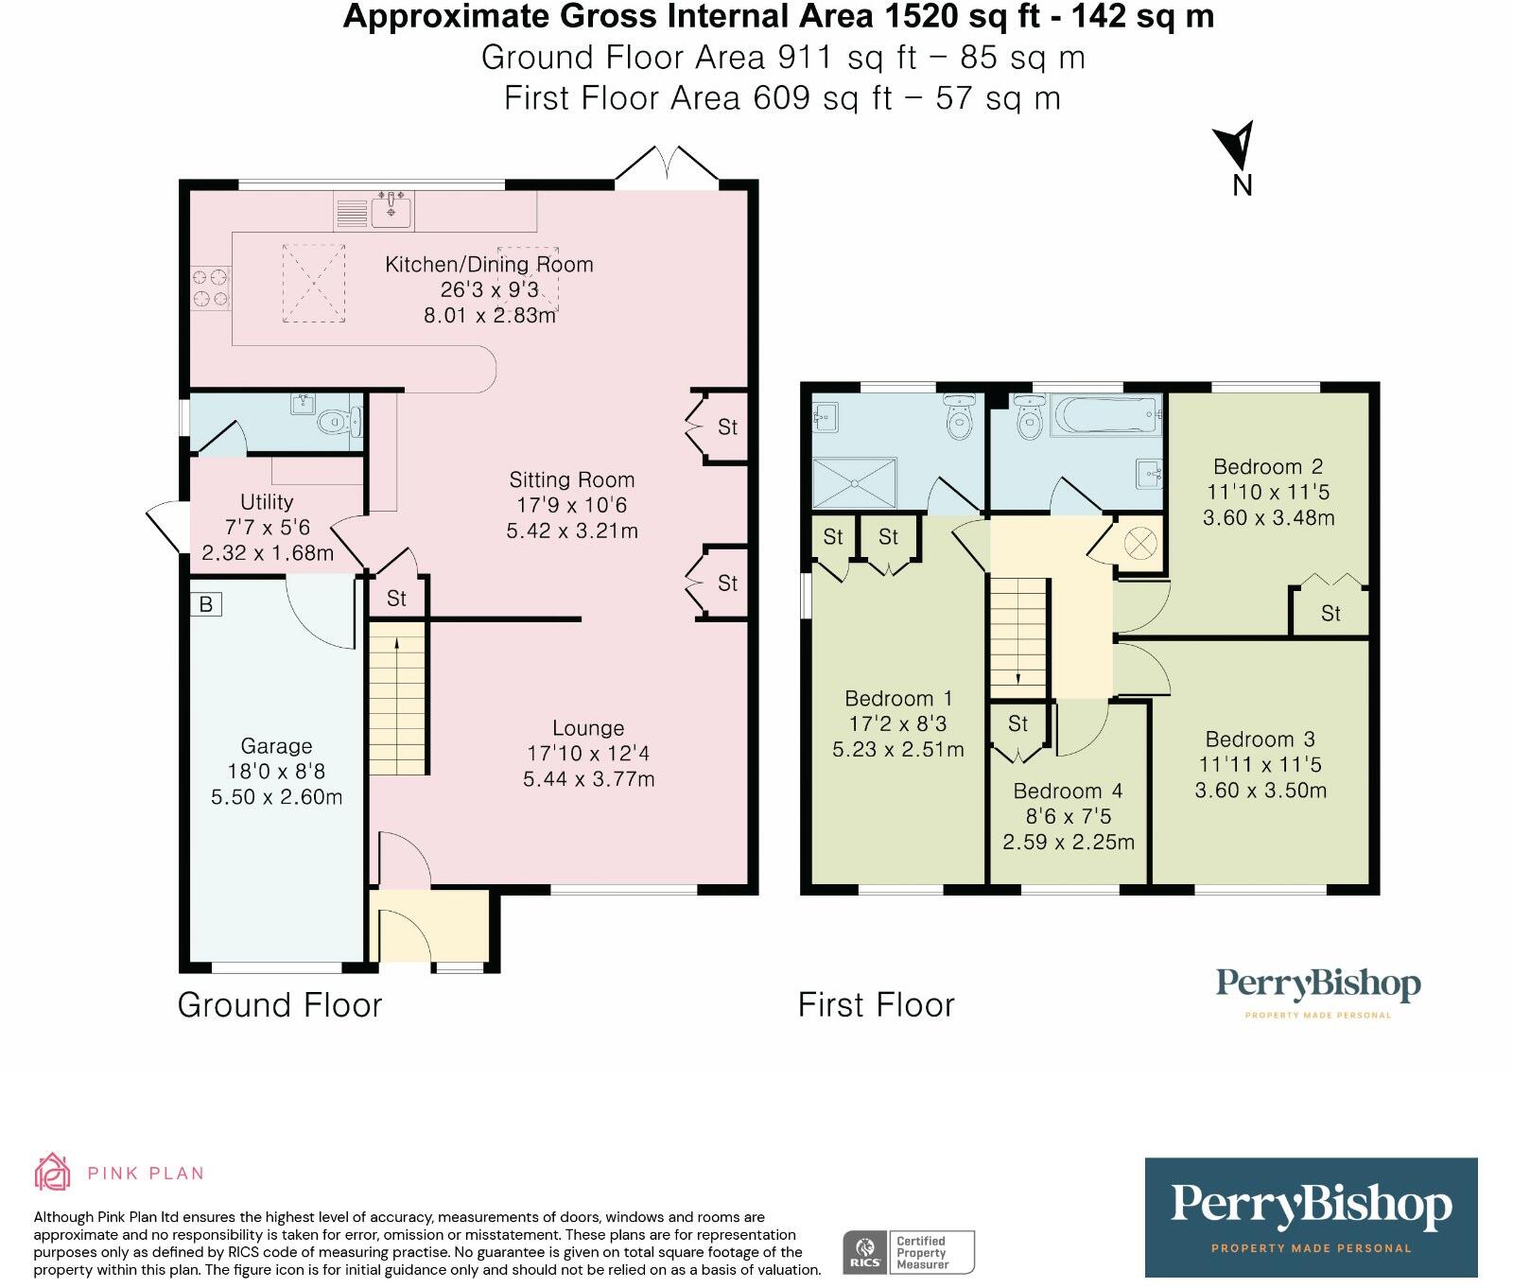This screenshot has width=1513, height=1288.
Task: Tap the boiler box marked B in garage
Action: tap(206, 604)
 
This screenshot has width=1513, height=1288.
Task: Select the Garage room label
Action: tap(276, 746)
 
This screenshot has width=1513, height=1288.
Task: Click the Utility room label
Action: tap(267, 502)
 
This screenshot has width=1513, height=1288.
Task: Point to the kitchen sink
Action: tap(391, 209)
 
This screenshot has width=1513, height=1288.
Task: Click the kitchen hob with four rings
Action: tap(210, 288)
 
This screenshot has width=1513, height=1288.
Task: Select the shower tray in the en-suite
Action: tap(855, 483)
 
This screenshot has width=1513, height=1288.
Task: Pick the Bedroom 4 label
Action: tap(1069, 792)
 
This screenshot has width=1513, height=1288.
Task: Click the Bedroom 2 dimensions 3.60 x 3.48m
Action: tap(1268, 518)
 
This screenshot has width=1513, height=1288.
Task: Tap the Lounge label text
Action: tap(588, 728)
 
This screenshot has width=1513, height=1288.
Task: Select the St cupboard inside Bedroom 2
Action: tap(1330, 613)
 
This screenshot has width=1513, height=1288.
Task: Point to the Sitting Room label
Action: tap(571, 480)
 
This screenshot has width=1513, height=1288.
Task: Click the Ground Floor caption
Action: tap(280, 1005)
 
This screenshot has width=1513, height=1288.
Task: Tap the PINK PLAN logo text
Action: tap(146, 1174)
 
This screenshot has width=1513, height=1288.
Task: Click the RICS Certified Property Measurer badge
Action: tap(908, 1253)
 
